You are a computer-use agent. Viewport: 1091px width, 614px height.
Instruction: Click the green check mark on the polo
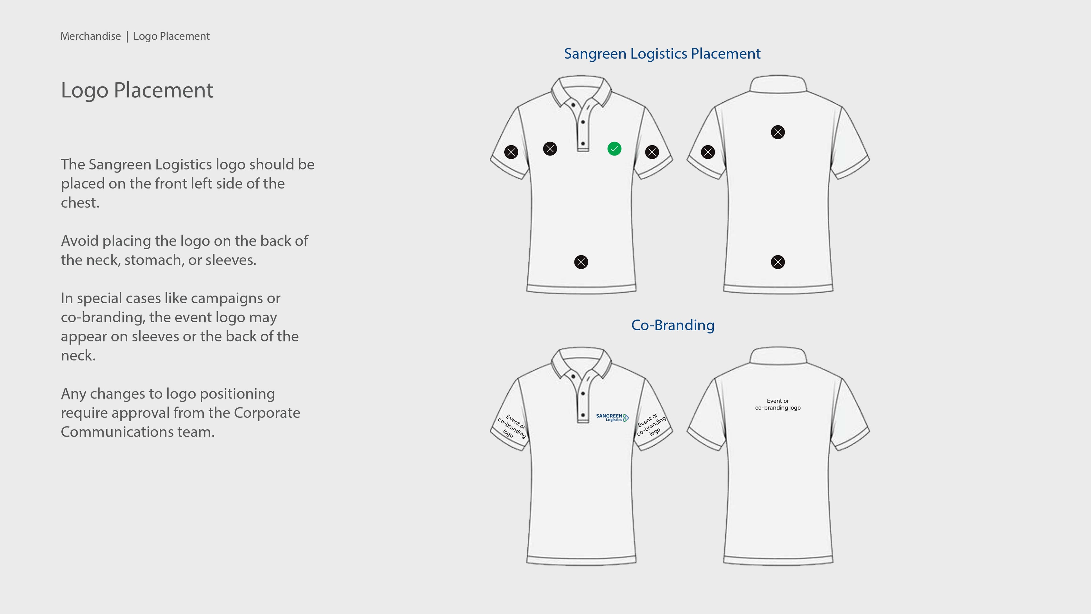coord(614,149)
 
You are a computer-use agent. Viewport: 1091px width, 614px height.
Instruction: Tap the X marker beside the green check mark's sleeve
coord(652,152)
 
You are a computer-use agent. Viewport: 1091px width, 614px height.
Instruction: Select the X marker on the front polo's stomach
coord(581,262)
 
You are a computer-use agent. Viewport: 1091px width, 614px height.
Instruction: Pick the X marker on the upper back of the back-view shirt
coord(778,132)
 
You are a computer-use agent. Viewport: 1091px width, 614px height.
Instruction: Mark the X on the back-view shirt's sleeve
coord(708,152)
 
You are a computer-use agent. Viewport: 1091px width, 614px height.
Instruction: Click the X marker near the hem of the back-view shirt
coord(778,262)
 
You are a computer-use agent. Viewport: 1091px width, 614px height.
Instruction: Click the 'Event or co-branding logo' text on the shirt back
coord(778,404)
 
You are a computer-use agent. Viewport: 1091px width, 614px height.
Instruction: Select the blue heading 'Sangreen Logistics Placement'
coord(662,54)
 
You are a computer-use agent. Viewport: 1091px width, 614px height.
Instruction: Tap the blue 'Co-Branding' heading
coord(672,325)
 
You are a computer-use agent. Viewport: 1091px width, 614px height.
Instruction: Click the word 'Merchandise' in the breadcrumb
coord(91,36)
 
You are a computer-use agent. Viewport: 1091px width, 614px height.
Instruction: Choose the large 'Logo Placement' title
coord(137,90)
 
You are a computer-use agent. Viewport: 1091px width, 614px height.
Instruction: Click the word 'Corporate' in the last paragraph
coord(267,413)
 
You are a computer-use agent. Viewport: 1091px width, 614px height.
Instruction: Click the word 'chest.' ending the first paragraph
coord(80,203)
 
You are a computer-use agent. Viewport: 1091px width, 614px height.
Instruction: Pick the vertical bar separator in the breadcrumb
coord(127,36)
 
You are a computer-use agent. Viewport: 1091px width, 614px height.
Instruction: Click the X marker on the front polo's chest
coord(550,149)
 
